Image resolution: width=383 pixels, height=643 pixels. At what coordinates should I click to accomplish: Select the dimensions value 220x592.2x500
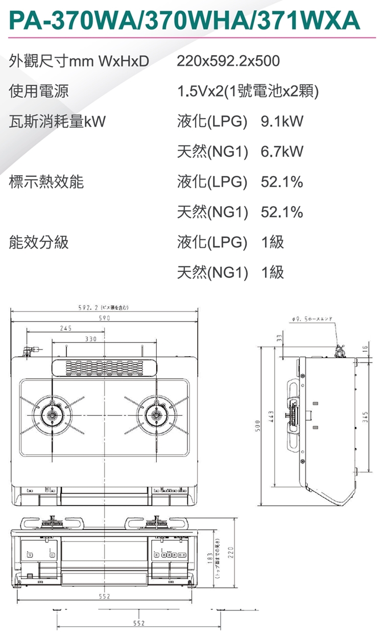pos(228,62)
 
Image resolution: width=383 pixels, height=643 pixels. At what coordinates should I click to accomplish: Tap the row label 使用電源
pos(39,92)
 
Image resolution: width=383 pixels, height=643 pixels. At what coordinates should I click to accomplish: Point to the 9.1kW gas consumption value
pos(282,122)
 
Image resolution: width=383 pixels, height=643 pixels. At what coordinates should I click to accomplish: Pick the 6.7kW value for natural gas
pos(282,152)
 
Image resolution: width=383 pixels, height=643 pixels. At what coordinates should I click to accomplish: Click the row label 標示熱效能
pos(46,182)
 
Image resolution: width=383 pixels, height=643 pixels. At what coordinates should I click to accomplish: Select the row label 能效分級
pos(39,242)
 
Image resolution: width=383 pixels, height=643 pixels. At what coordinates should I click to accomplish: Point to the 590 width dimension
pos(104,318)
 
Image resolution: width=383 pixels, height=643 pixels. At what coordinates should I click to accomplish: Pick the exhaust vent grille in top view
pos(104,366)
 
